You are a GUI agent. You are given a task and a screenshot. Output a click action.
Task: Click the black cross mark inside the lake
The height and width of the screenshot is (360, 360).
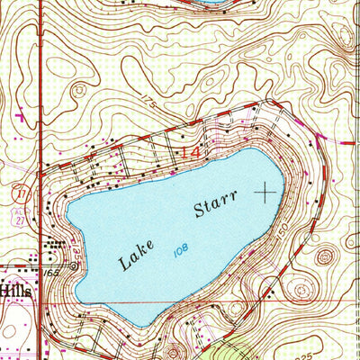click(265, 191)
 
